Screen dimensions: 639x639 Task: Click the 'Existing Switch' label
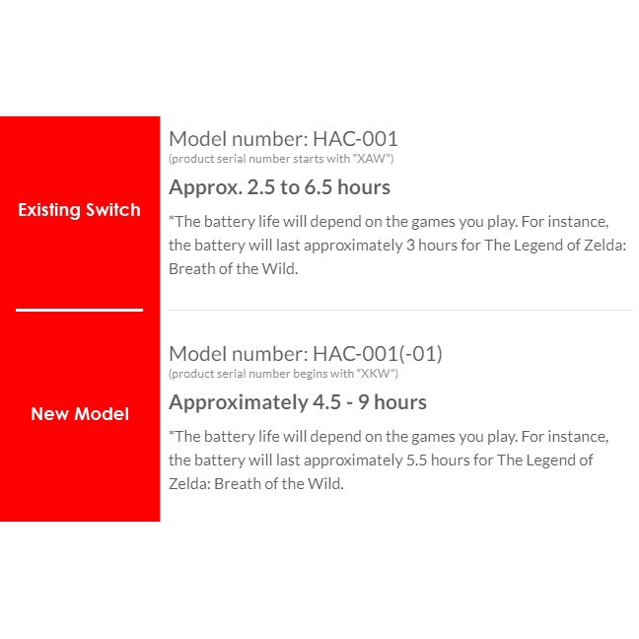(x=79, y=210)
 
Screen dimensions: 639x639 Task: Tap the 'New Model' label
(x=80, y=414)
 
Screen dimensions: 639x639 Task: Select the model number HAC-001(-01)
(x=378, y=354)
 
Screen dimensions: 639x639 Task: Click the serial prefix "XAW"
(x=371, y=159)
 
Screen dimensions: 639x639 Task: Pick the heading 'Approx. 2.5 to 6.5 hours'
(x=280, y=188)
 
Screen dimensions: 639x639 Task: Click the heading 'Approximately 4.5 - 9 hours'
(x=298, y=403)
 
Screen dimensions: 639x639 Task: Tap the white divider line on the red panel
(x=80, y=310)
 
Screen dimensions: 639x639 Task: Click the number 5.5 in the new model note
(x=416, y=461)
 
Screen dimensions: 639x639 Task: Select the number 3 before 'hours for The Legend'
(x=410, y=246)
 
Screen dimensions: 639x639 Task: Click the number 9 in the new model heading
(x=364, y=402)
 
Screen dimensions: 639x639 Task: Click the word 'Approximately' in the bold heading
(x=239, y=403)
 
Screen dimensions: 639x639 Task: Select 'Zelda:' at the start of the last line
(x=189, y=484)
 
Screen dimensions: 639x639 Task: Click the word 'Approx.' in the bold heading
(x=205, y=188)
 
